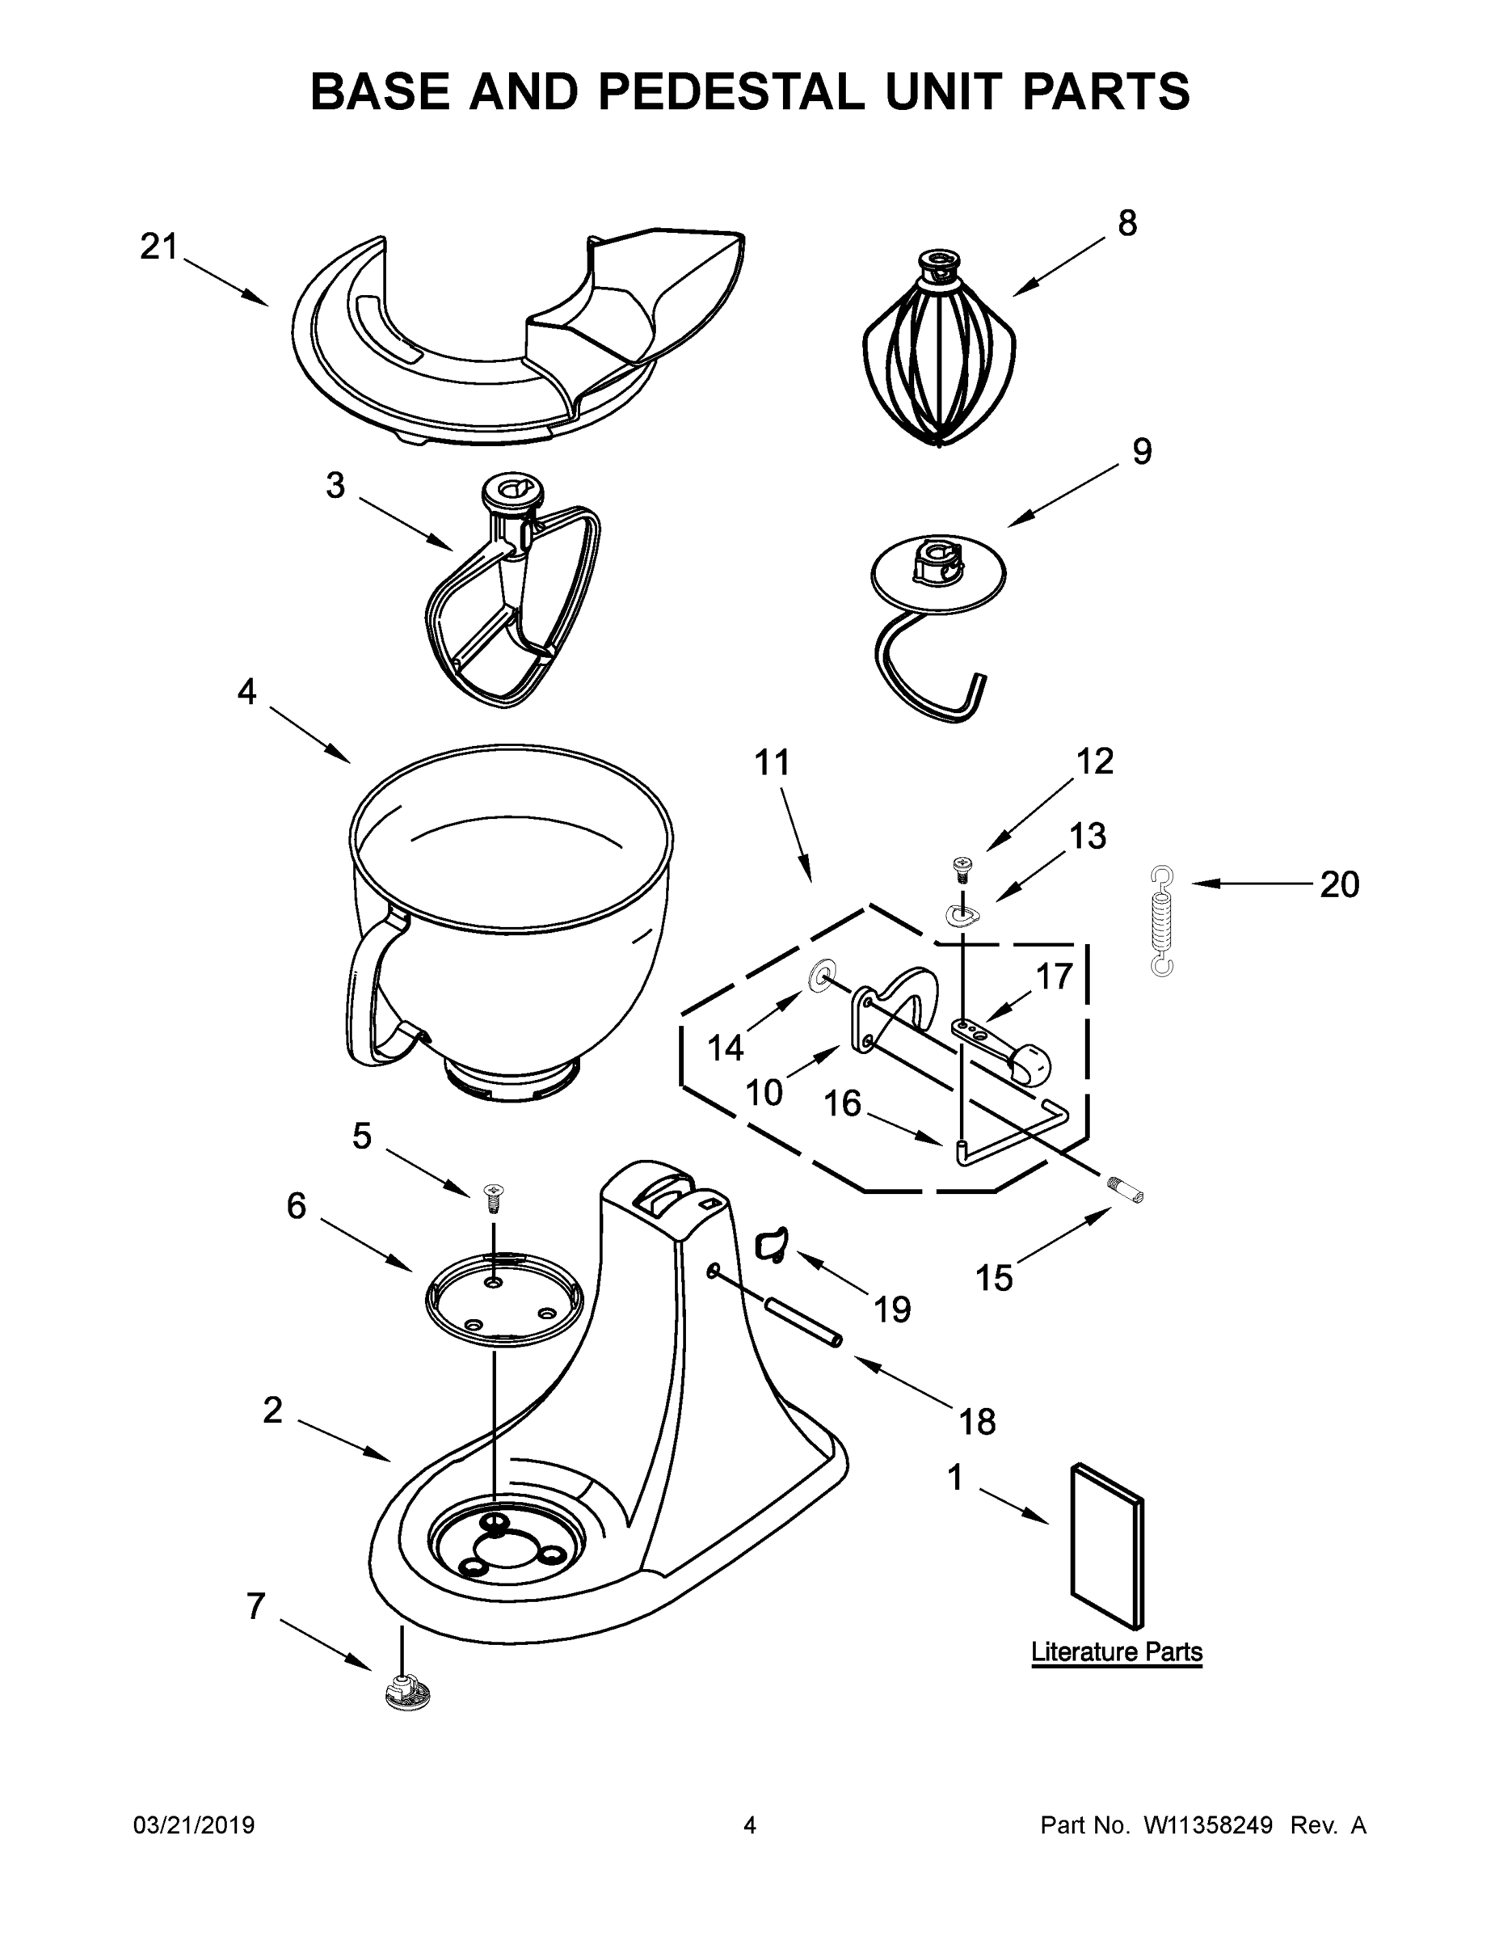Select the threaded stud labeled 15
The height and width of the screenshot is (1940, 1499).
(x=1125, y=1188)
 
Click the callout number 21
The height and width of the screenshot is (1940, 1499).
(x=159, y=247)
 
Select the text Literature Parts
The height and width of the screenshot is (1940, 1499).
(x=1116, y=1652)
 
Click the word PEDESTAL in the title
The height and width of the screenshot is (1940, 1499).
(x=731, y=91)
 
